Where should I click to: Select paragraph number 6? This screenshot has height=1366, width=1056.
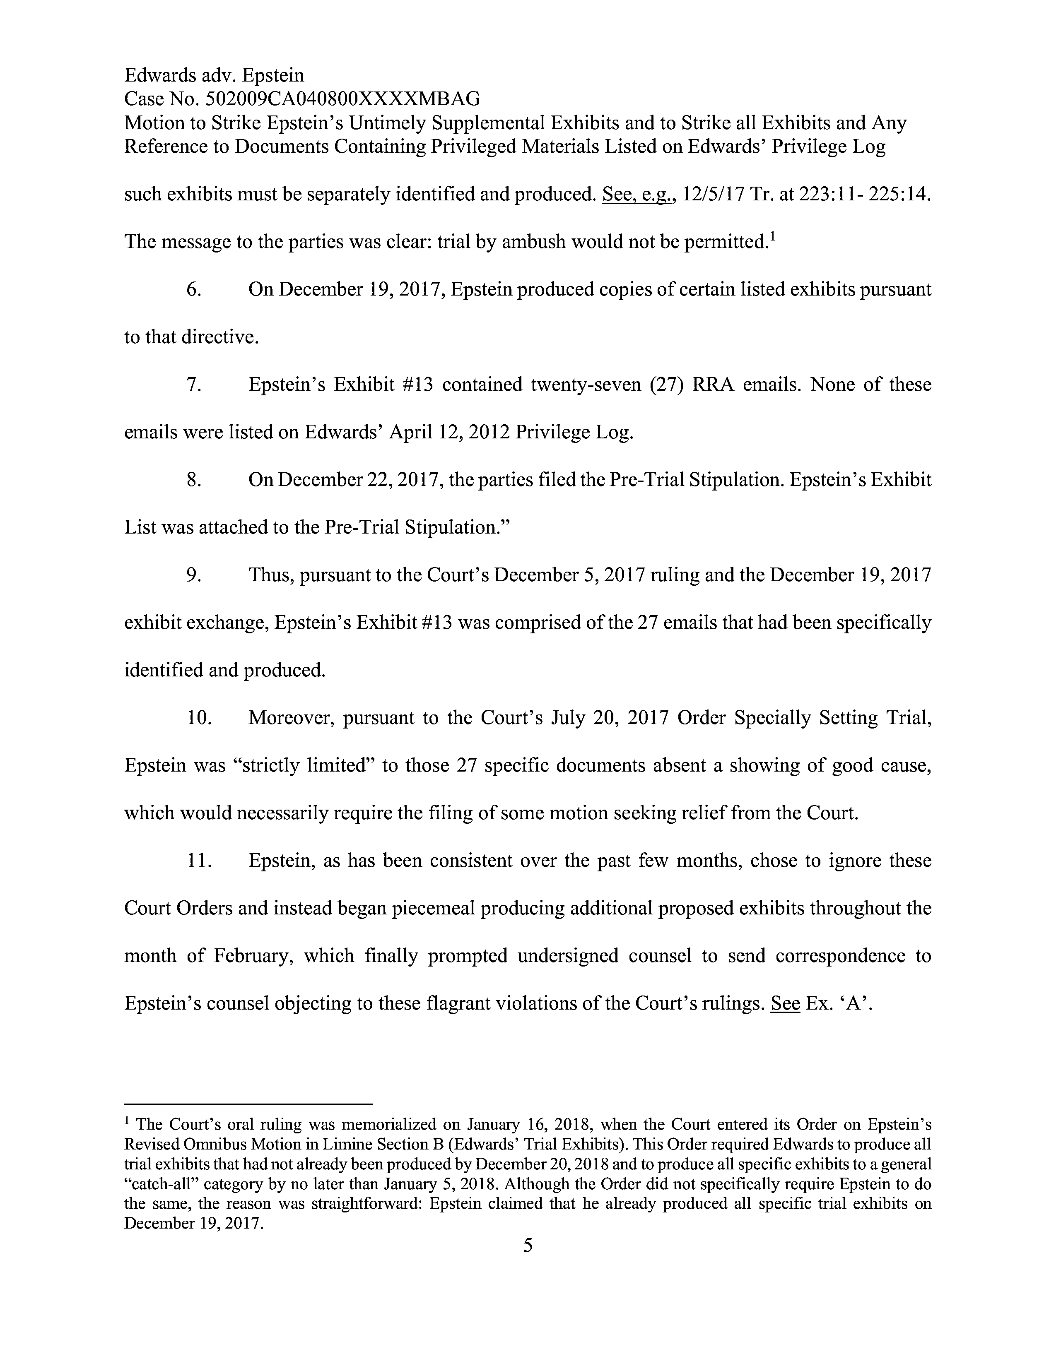(193, 290)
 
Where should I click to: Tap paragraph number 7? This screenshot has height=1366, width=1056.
(193, 384)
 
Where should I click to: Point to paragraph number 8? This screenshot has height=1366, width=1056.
(193, 480)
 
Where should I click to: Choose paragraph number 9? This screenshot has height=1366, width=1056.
(193, 575)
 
